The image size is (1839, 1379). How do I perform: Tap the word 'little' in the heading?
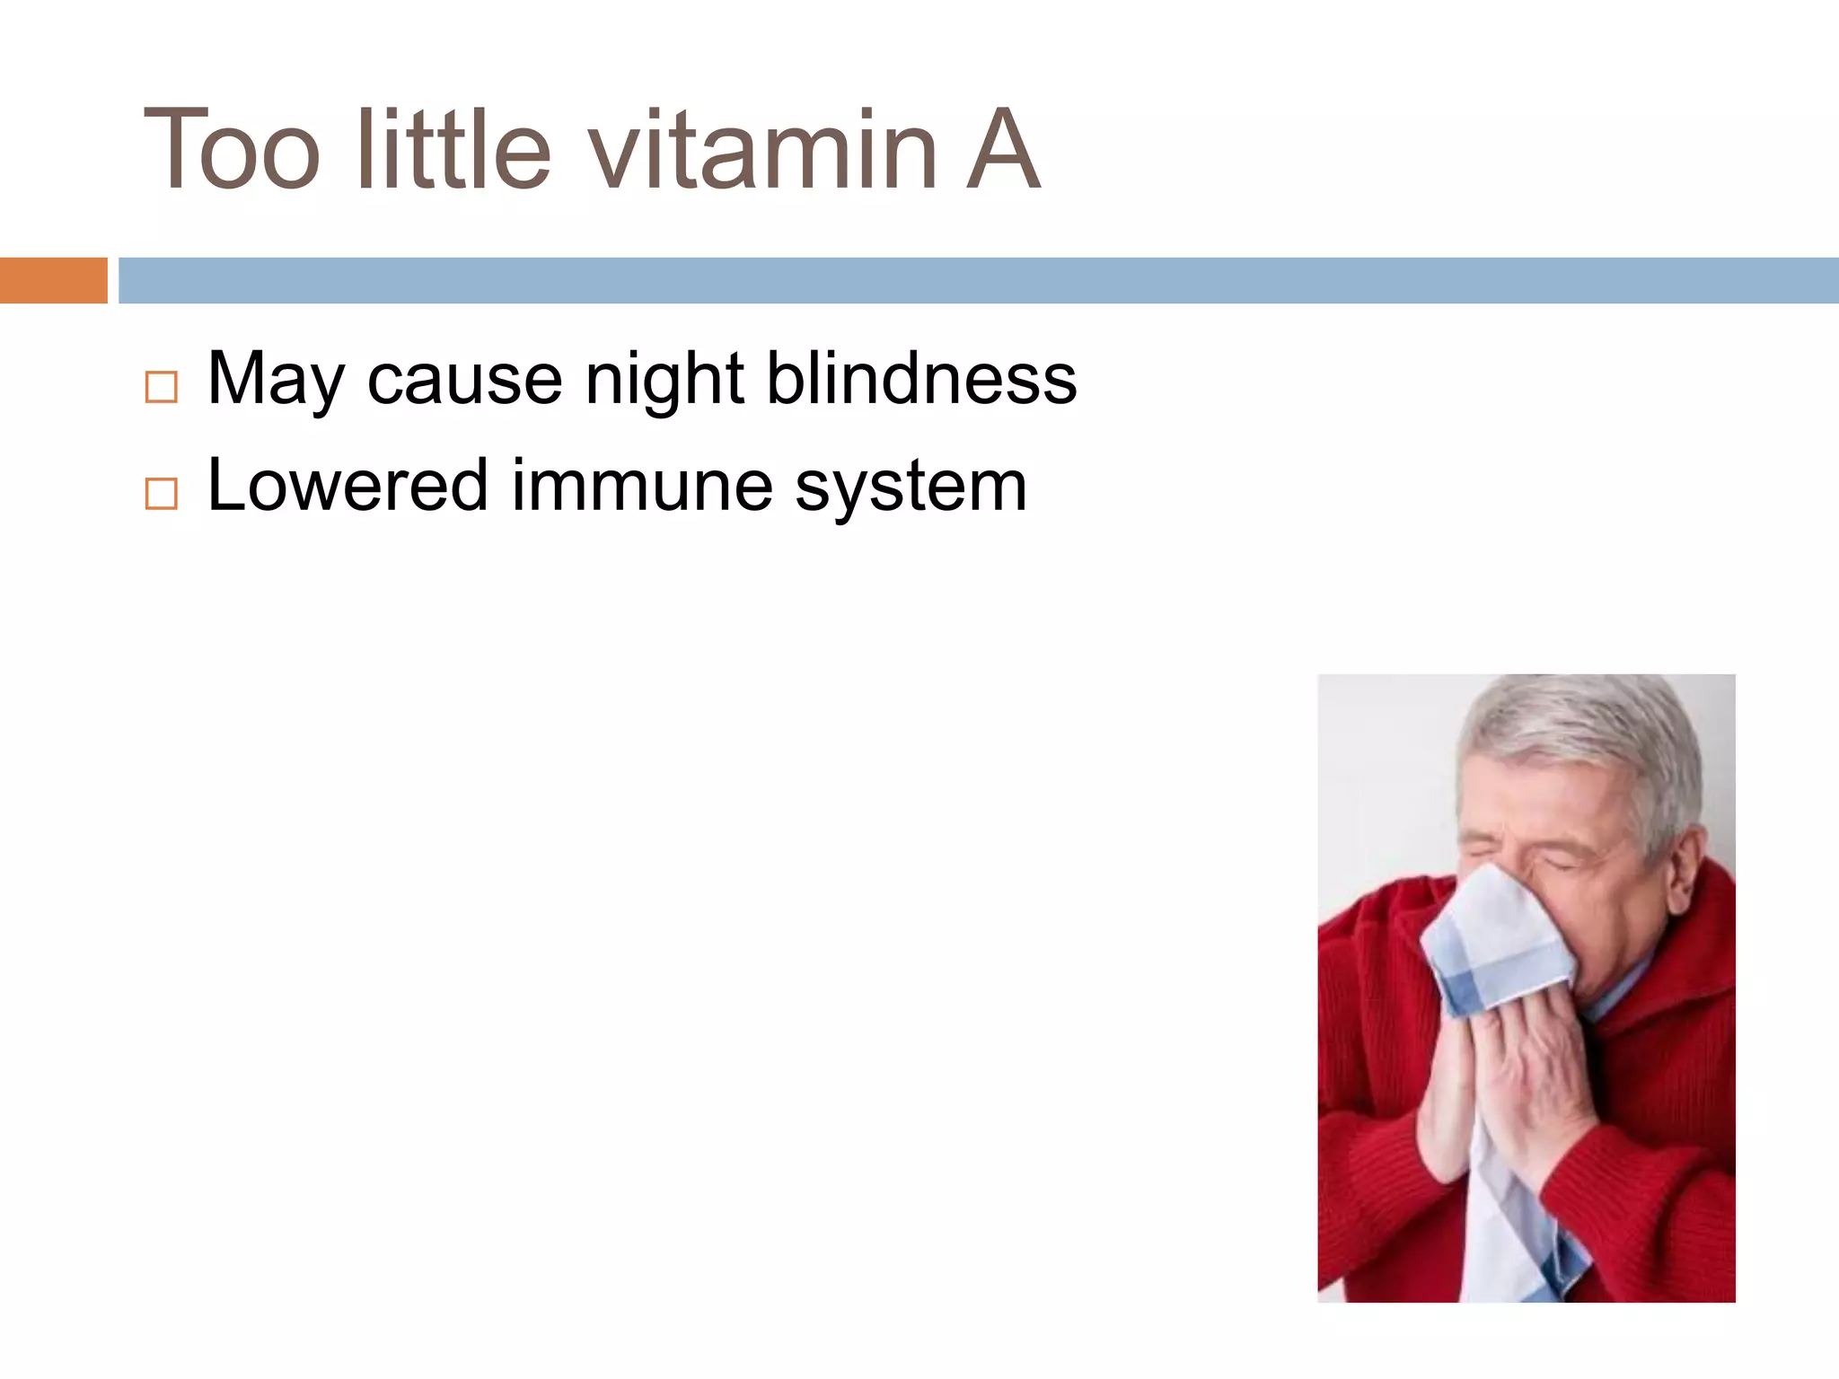click(453, 151)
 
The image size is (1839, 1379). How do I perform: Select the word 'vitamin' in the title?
click(763, 151)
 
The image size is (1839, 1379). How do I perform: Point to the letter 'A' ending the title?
click(1003, 151)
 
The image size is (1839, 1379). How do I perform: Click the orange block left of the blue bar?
click(53, 280)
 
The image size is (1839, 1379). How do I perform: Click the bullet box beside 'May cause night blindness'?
click(162, 388)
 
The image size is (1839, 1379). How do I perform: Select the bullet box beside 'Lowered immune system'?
click(162, 494)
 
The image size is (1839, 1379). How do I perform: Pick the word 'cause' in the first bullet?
click(464, 381)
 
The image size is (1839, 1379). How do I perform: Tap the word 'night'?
click(664, 381)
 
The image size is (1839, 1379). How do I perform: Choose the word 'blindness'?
click(921, 381)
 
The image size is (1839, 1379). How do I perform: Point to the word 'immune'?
click(643, 487)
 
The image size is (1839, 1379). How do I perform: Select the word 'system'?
click(911, 487)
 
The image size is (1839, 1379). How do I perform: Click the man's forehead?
click(1527, 804)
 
